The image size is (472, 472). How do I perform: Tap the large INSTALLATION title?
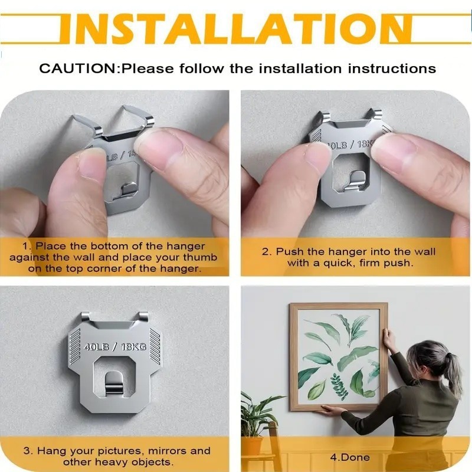point(236,28)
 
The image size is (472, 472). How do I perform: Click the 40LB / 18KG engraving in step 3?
point(116,346)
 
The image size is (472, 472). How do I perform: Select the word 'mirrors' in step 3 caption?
point(163,451)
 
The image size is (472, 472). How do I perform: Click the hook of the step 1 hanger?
point(131,191)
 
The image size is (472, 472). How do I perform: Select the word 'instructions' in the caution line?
point(392,68)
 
